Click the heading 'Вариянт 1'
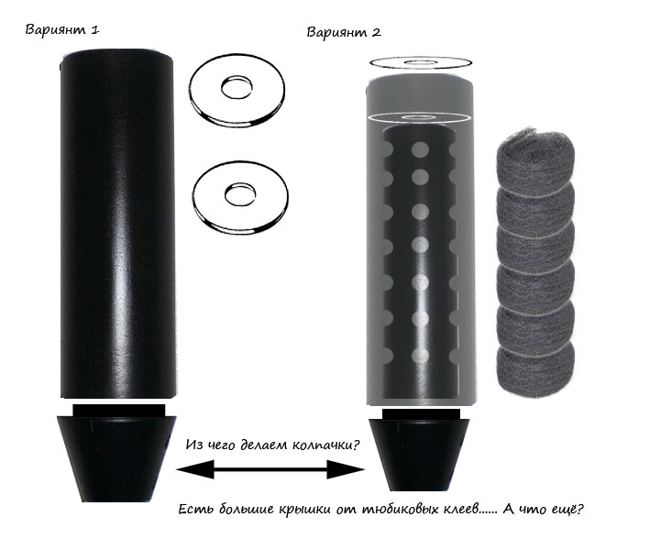[62, 30]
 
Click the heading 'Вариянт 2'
[344, 32]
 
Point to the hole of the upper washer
[237, 87]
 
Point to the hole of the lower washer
[240, 194]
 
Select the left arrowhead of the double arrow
[195, 469]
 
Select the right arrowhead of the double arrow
[346, 469]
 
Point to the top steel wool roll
[535, 159]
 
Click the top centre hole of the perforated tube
[420, 149]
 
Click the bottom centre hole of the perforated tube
[420, 356]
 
